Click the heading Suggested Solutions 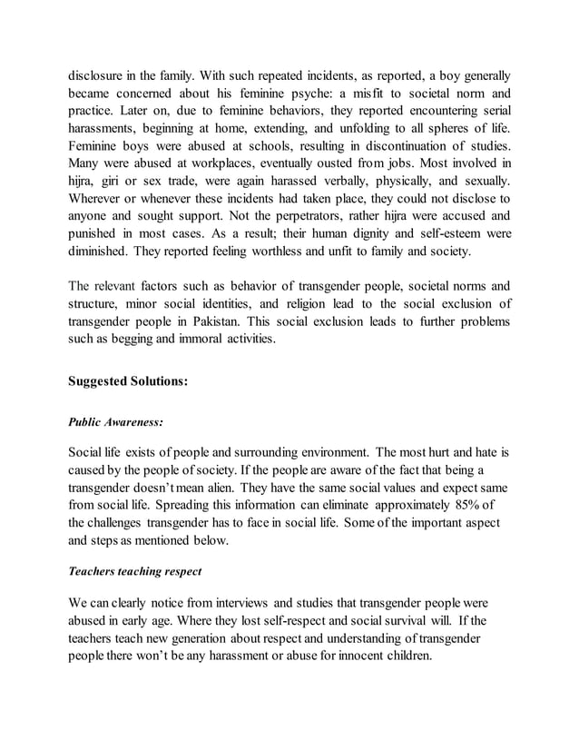coord(128,382)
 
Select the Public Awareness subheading coord(115,421)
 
